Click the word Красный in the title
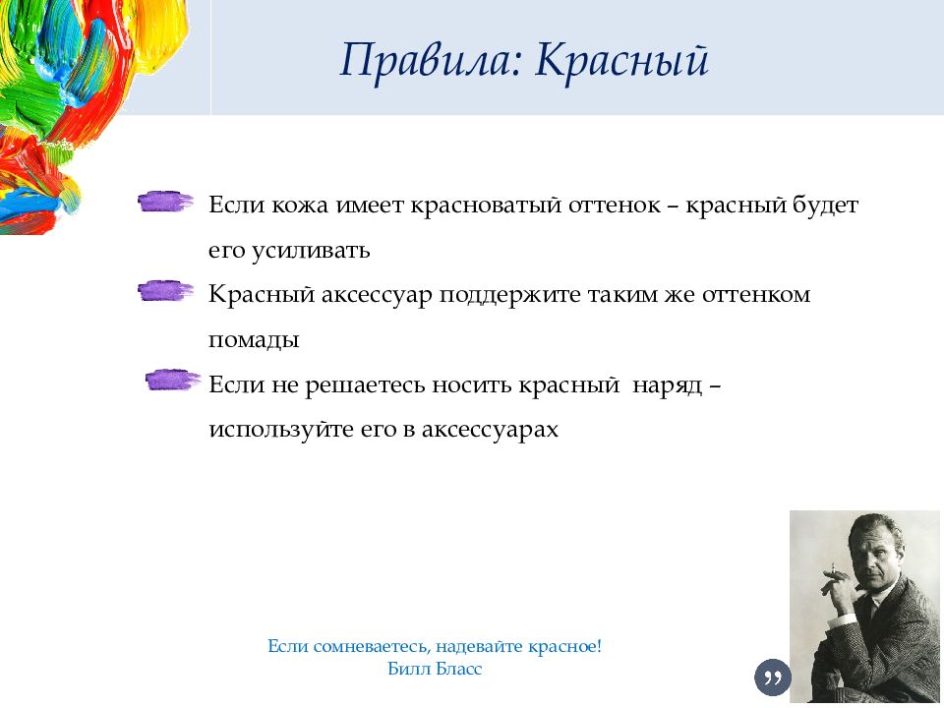(621, 61)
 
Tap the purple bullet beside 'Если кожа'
(165, 202)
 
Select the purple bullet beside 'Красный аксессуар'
(165, 291)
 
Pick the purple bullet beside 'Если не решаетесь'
(173, 380)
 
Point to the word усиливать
(310, 251)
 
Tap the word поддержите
(509, 295)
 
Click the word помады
(254, 340)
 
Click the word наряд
(667, 385)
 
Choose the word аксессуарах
(490, 430)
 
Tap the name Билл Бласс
(435, 669)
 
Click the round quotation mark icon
(773, 678)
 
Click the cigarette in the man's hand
(834, 570)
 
